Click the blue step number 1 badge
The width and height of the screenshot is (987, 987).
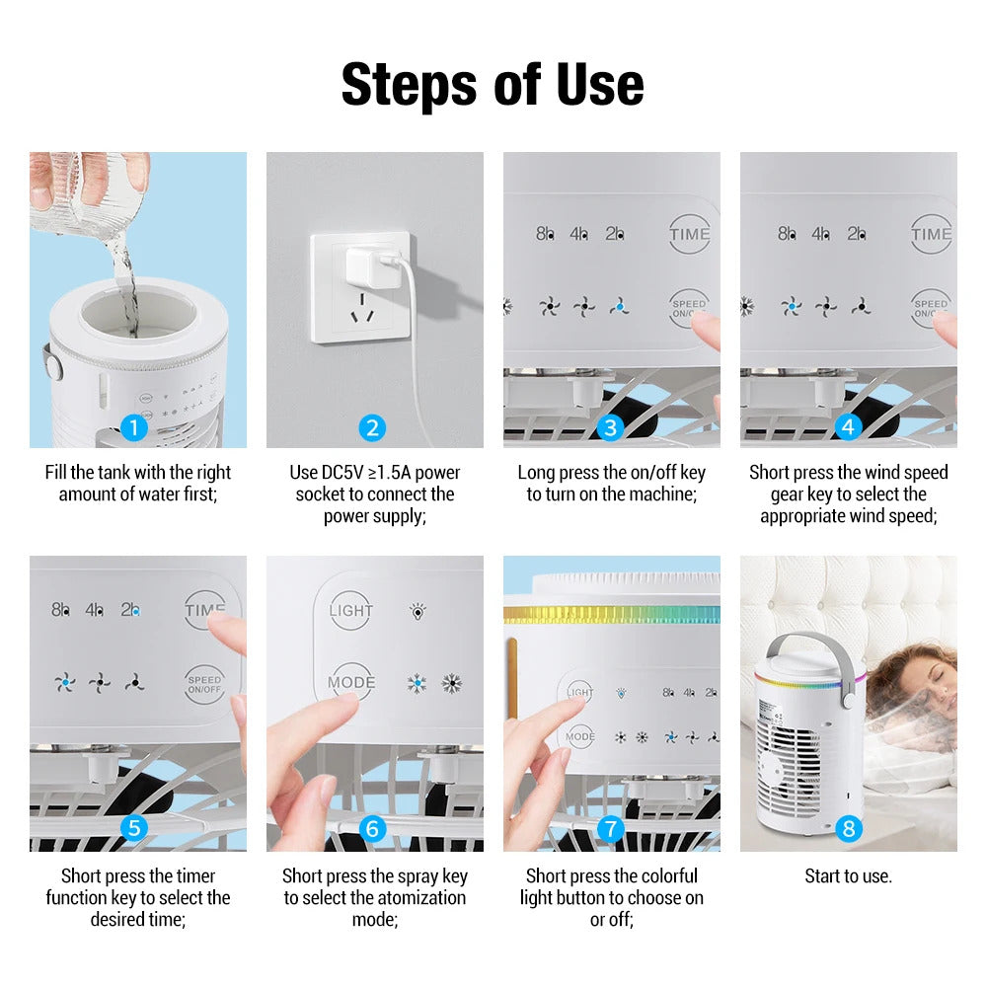point(134,427)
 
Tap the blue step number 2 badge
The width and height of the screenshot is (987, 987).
point(372,427)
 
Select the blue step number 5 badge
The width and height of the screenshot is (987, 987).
point(134,828)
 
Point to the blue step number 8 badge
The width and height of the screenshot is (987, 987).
point(848,828)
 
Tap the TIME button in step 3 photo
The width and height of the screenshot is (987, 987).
point(689,235)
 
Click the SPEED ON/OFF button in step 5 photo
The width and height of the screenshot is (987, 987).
point(204,684)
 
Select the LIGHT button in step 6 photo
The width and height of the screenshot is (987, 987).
point(351,610)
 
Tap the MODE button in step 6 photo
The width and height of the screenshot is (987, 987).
point(351,682)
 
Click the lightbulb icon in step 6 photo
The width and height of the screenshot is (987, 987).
point(418,611)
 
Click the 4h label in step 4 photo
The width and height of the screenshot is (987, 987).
point(821,234)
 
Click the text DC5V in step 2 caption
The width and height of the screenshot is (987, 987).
point(342,473)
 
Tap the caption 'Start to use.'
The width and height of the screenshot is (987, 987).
point(848,875)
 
